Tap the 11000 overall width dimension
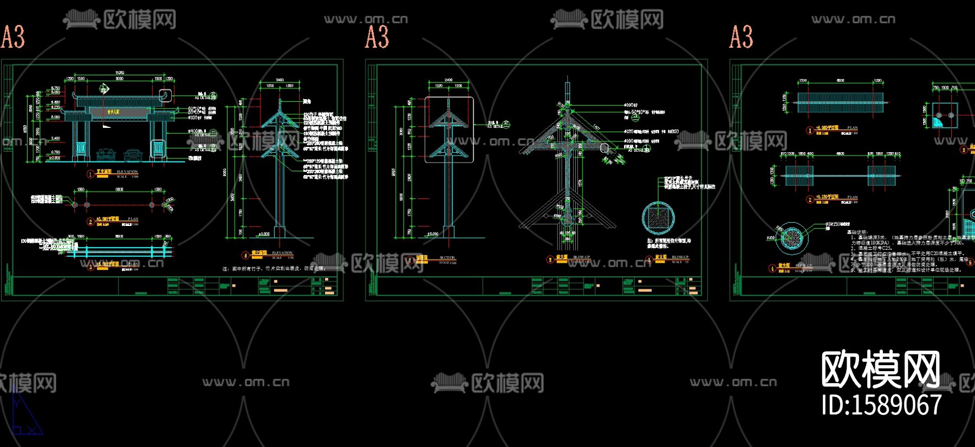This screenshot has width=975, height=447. [x=120, y=73]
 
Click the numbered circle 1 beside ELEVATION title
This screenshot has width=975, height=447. [x=90, y=174]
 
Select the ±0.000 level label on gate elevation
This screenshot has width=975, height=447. [x=55, y=158]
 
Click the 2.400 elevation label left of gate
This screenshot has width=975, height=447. [x=55, y=139]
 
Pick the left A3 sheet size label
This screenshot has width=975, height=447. [x=13, y=37]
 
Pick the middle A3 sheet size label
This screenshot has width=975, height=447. [x=377, y=37]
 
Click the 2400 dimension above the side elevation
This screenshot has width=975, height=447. [x=279, y=80]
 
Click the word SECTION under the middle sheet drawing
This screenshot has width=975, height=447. [x=447, y=258]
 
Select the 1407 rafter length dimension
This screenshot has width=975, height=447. [x=596, y=127]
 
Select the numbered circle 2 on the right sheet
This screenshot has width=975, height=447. [x=810, y=199]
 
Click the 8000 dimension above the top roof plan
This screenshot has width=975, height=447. [x=840, y=81]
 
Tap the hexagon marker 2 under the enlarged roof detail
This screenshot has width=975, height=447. [x=550, y=260]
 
